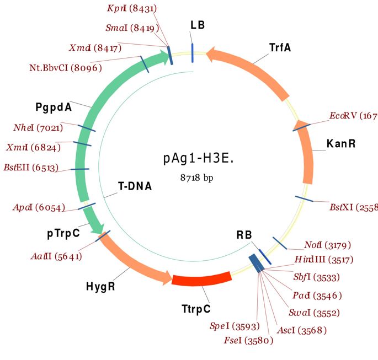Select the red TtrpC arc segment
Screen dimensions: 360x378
(x=201, y=280)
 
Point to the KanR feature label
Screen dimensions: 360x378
(x=340, y=144)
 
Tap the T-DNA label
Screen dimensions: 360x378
(x=135, y=186)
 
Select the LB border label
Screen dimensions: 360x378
(x=198, y=25)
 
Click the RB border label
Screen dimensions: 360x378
(x=244, y=235)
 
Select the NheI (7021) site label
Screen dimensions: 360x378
(x=38, y=128)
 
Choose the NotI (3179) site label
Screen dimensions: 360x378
(x=327, y=244)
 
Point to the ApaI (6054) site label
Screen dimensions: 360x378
(x=39, y=207)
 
